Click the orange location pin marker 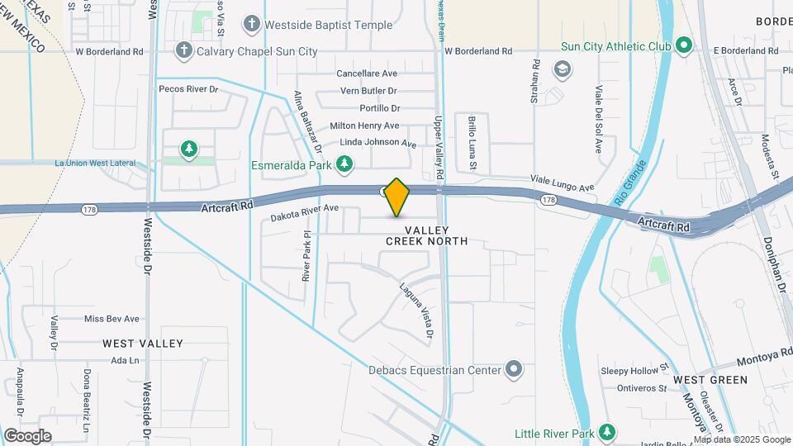397,197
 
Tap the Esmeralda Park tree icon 344,165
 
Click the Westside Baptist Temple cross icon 252,25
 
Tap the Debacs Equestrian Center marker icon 515,370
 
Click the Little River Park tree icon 607,433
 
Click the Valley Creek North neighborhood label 427,235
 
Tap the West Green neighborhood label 710,380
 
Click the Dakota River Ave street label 305,213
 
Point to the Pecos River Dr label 189,88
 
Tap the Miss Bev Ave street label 112,319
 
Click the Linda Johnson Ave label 373,143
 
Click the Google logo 26,435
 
